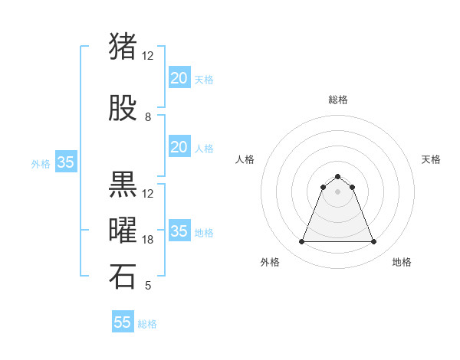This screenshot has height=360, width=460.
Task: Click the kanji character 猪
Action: [x=123, y=47]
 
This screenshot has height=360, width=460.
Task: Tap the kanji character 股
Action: [x=123, y=109]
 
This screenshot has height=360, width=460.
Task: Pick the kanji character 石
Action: [x=123, y=277]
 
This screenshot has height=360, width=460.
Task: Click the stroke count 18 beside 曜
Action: [x=148, y=240]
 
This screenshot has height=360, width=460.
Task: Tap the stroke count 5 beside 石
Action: [x=148, y=286]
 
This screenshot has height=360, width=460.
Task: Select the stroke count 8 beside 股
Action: [x=148, y=117]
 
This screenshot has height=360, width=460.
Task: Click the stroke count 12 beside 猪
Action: [x=148, y=55]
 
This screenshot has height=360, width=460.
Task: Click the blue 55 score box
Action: [x=123, y=322]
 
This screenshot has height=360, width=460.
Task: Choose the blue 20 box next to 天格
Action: [x=179, y=77]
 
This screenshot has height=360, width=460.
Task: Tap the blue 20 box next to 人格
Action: [x=179, y=147]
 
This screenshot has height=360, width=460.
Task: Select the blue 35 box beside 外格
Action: [x=66, y=162]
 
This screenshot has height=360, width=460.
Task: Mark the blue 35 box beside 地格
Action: [x=179, y=231]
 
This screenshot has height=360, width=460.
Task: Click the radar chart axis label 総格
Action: [x=337, y=100]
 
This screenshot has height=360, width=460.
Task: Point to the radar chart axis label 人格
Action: [x=245, y=159]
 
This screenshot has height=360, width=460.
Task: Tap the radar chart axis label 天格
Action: [x=431, y=159]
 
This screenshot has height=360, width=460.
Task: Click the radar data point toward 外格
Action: [x=301, y=242]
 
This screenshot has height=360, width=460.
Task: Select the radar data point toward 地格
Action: [x=374, y=242]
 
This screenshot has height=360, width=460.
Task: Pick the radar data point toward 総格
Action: [x=337, y=176]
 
